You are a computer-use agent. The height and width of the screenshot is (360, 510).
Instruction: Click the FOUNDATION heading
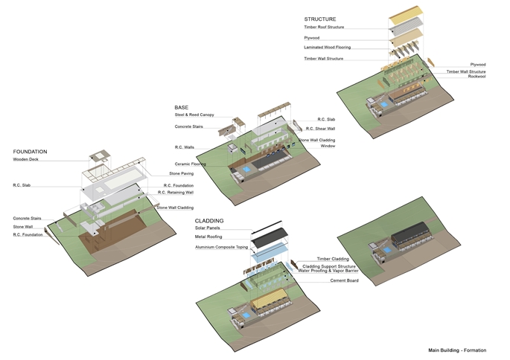point(31,152)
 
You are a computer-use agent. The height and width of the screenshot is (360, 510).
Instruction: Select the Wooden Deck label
point(26,159)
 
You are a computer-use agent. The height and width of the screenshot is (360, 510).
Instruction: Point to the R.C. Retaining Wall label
point(175,192)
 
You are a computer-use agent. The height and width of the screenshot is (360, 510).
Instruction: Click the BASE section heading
point(182,107)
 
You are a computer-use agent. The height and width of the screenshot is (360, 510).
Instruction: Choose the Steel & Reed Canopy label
point(194,115)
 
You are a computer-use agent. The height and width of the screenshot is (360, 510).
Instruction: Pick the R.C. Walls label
point(184,147)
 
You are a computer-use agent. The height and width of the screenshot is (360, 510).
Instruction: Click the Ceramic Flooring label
point(190,164)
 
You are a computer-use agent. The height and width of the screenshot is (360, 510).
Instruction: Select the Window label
point(328,146)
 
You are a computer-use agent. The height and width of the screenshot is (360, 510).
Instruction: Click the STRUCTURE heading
point(320,19)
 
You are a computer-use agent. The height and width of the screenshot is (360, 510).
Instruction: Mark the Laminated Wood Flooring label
point(328,47)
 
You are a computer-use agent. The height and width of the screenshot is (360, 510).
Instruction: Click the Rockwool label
point(476,76)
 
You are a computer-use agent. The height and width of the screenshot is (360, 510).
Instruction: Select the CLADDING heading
point(210,221)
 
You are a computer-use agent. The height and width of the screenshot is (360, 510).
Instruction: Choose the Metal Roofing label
point(209,237)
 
